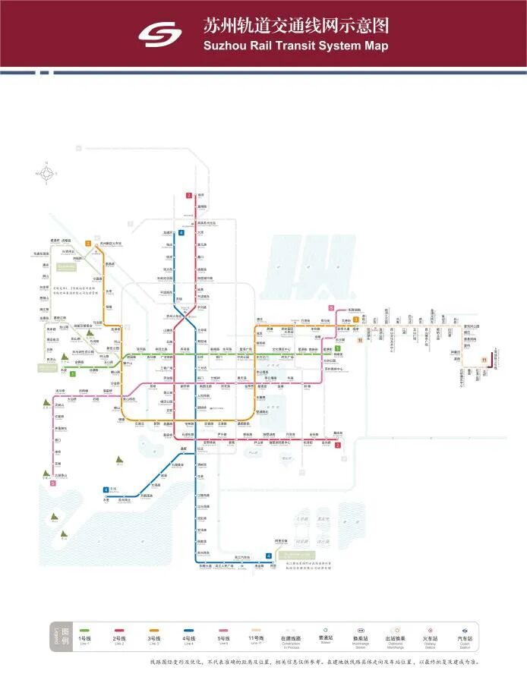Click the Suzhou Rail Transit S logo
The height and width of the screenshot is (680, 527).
click(160, 33)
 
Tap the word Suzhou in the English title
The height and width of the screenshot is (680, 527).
click(226, 46)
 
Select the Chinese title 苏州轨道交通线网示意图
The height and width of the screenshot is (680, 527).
click(295, 26)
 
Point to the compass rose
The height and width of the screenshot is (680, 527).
click(47, 173)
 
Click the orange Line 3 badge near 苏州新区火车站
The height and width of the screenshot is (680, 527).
click(88, 244)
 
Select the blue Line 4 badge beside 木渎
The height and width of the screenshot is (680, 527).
click(105, 490)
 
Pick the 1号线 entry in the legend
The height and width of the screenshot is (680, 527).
click(84, 635)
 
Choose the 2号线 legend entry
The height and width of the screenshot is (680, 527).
click(118, 635)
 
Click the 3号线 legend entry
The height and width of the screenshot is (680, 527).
click(153, 635)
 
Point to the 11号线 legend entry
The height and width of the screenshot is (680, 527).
click(259, 635)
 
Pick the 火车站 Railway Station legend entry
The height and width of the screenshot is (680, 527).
click(431, 635)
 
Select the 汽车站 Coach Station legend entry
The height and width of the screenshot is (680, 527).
click(465, 635)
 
